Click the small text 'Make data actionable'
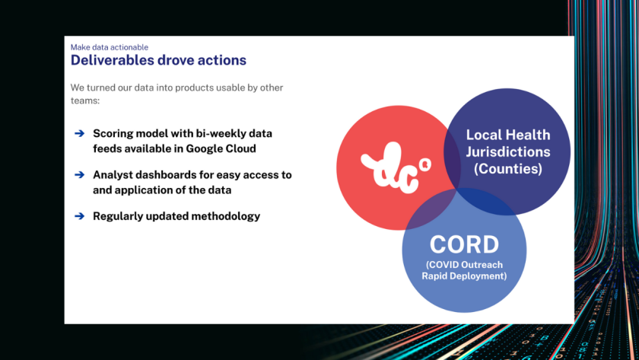(x=110, y=47)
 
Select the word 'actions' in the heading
(x=220, y=59)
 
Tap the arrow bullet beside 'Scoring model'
(x=79, y=133)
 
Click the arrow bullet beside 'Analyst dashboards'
(x=79, y=175)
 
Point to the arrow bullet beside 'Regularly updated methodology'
(x=79, y=216)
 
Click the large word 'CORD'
(x=464, y=244)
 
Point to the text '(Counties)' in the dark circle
(x=507, y=168)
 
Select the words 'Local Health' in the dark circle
(x=507, y=135)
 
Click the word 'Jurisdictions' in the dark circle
(x=507, y=151)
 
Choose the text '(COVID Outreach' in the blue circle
(x=464, y=264)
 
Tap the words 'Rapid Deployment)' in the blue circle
(x=464, y=276)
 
